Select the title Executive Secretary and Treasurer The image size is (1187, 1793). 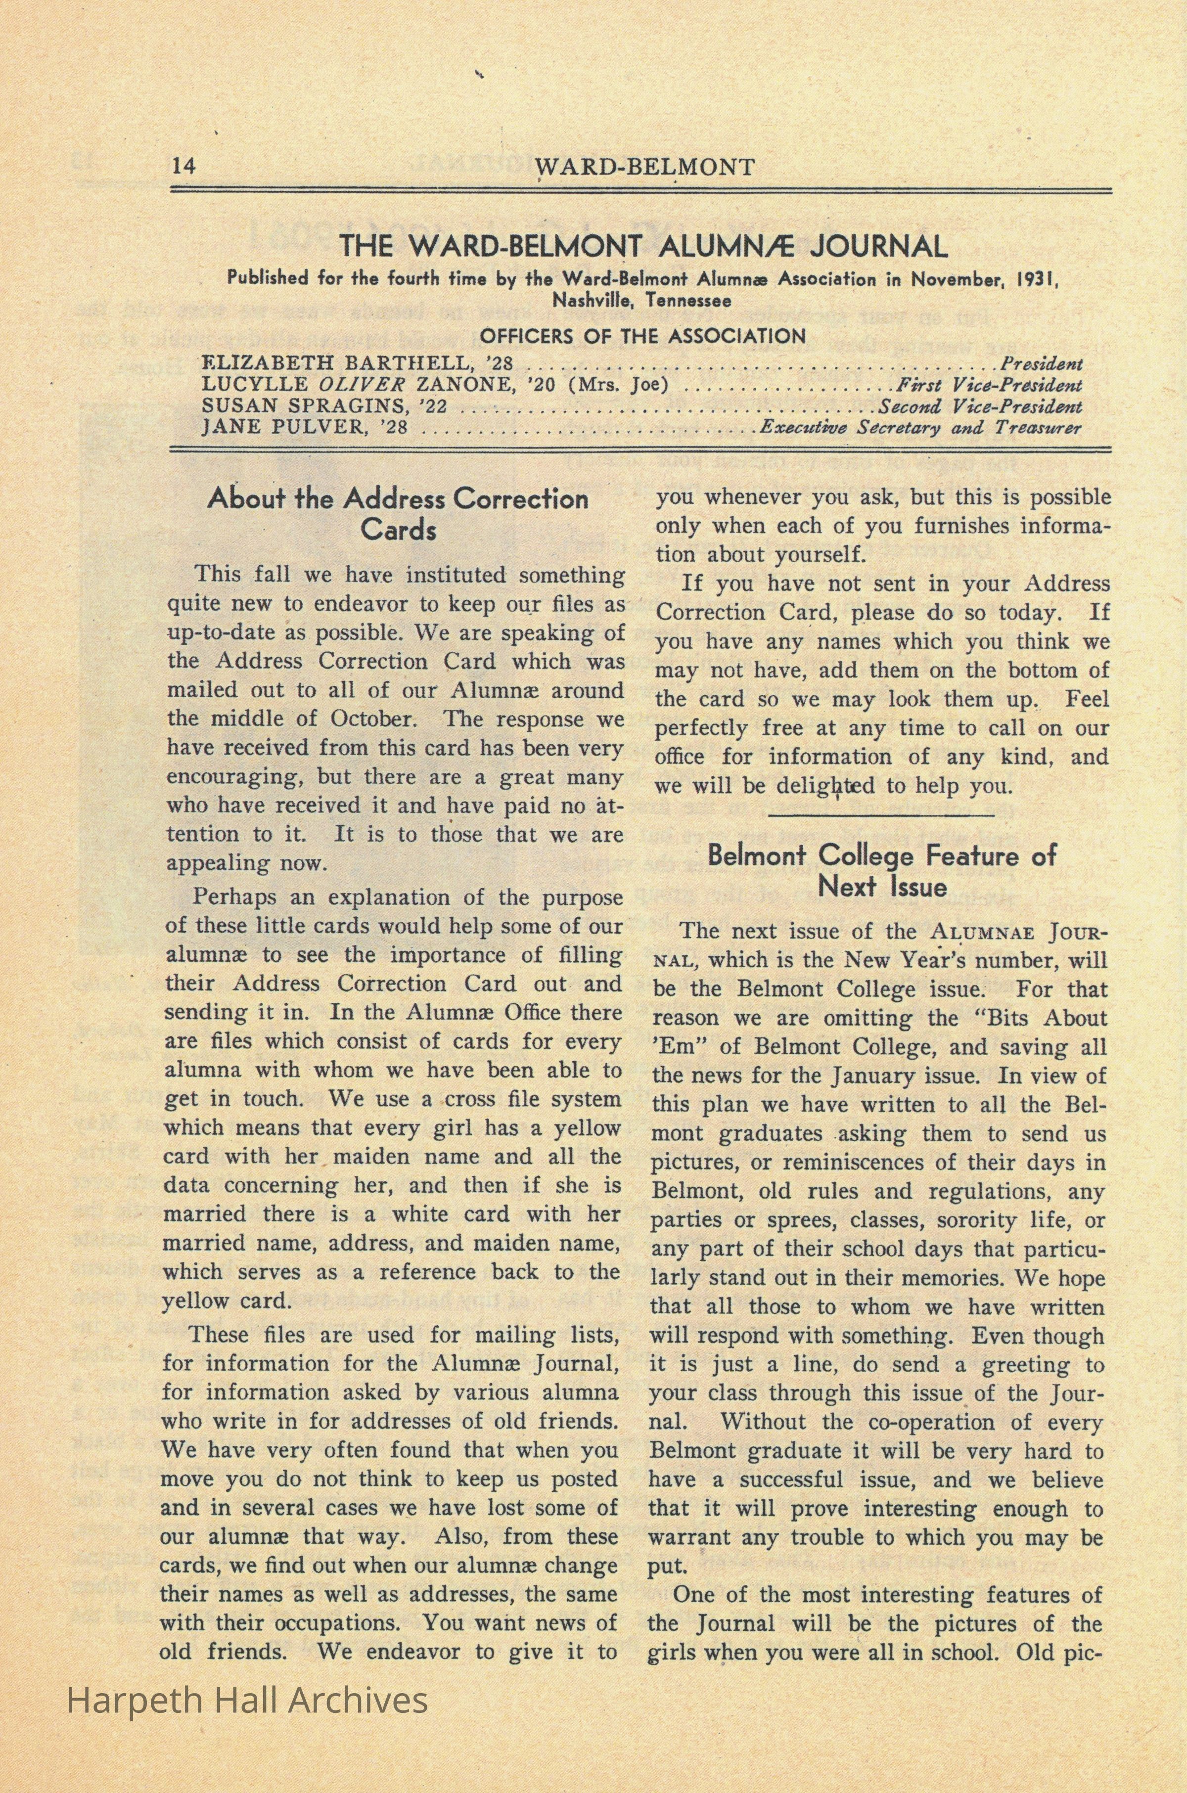coord(920,428)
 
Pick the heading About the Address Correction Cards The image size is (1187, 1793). coord(398,513)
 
